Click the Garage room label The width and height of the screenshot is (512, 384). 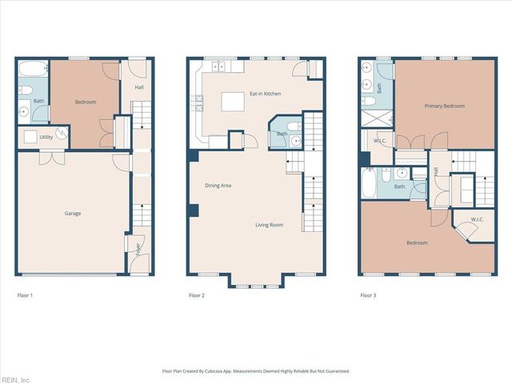point(73,214)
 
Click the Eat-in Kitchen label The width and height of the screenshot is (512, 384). point(265,94)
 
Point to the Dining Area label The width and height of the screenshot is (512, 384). point(218,186)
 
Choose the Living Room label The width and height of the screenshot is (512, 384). point(269,225)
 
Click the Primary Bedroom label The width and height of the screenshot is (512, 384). point(444,106)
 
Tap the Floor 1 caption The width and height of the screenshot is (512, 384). point(25,295)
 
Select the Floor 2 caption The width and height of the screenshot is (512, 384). point(197,295)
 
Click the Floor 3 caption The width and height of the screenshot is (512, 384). point(368,295)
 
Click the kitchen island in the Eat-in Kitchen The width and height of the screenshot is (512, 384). point(232,102)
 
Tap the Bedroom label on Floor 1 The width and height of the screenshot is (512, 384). point(86,102)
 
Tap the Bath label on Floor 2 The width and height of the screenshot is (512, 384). point(282,134)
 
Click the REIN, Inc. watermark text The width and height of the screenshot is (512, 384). point(16,379)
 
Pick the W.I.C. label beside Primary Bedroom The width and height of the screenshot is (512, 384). point(379,142)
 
